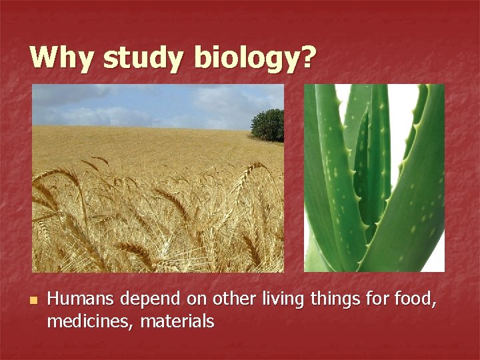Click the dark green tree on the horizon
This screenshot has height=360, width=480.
click(x=268, y=125)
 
